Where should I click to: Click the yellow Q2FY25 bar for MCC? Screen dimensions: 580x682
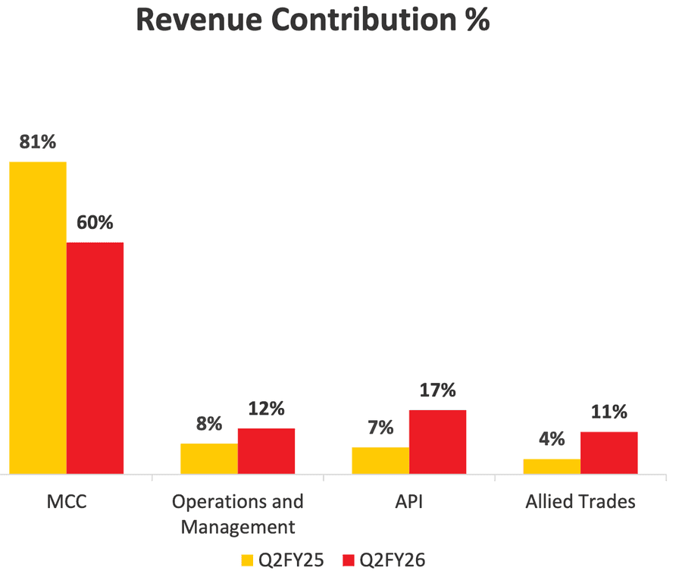pyautogui.click(x=38, y=318)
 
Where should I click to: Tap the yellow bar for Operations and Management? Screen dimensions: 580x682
pyautogui.click(x=209, y=459)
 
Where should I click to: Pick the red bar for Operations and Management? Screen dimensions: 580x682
pyautogui.click(x=266, y=451)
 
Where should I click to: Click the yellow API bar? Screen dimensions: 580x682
pyautogui.click(x=380, y=460)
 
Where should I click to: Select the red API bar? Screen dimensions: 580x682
pyautogui.click(x=437, y=442)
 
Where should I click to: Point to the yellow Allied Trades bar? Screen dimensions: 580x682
pyautogui.click(x=552, y=466)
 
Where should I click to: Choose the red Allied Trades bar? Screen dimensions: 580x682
pyautogui.click(x=608, y=453)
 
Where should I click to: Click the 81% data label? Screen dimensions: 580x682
pyautogui.click(x=38, y=143)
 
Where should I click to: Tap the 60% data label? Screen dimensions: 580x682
pyautogui.click(x=95, y=223)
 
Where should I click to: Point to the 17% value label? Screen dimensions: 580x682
pyautogui.click(x=437, y=390)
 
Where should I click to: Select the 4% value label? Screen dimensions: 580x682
pyautogui.click(x=552, y=440)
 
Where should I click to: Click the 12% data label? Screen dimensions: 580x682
pyautogui.click(x=266, y=409)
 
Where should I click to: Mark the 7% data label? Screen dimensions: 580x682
pyautogui.click(x=380, y=428)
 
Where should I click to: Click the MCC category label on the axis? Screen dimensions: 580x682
pyautogui.click(x=67, y=502)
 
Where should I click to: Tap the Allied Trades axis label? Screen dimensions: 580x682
pyautogui.click(x=580, y=502)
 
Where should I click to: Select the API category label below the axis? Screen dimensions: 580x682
pyautogui.click(x=409, y=502)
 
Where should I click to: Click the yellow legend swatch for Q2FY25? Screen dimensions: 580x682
pyautogui.click(x=247, y=560)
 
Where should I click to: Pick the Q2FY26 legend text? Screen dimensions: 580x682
pyautogui.click(x=392, y=560)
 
